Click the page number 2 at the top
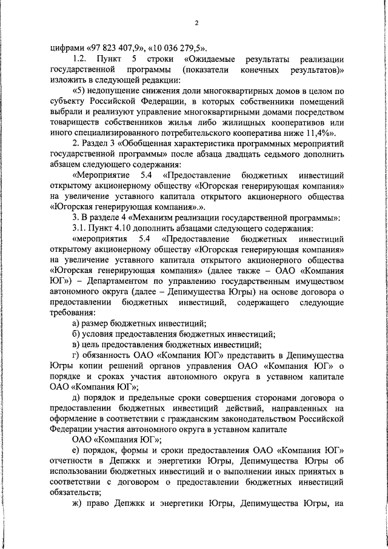click(196, 23)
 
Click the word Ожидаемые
click(213, 59)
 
